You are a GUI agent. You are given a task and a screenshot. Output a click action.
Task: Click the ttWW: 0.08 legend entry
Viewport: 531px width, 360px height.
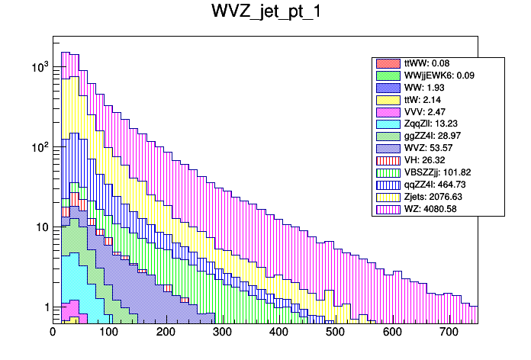point(430,63)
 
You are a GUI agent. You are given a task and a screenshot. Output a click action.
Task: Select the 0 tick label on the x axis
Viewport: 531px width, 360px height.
point(53,332)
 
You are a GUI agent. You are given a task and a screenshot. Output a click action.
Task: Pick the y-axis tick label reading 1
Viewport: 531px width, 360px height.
point(45,307)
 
